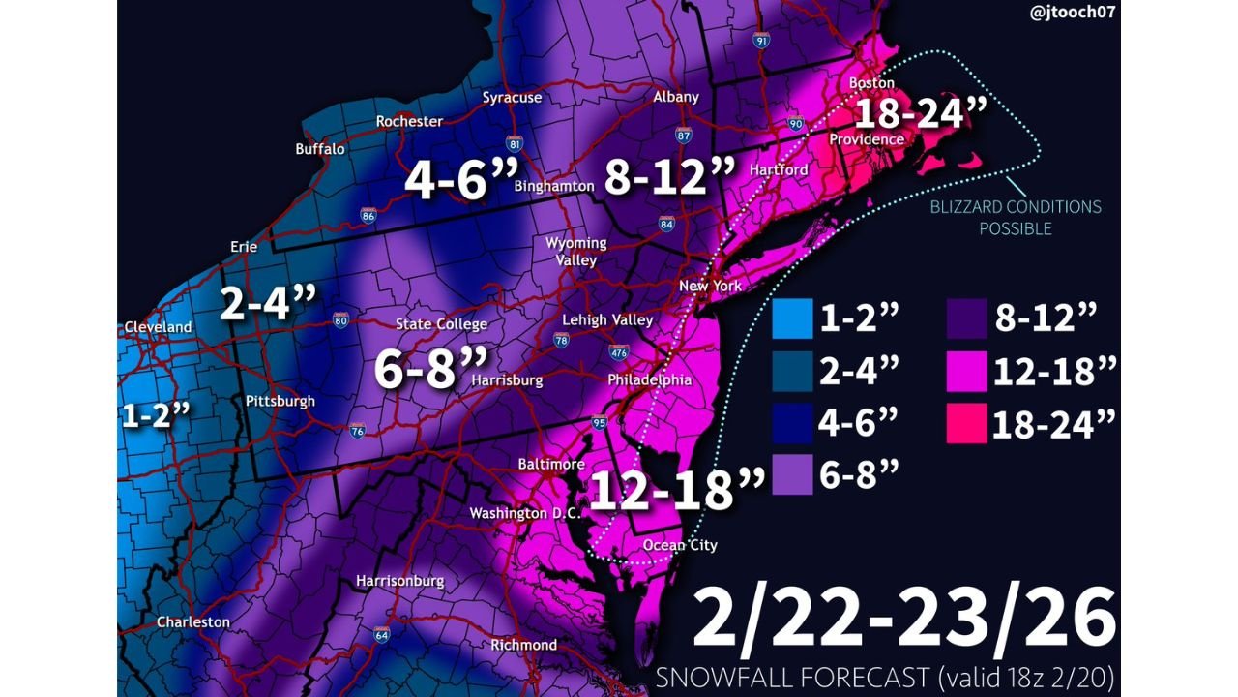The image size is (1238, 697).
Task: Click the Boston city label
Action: (x=872, y=83)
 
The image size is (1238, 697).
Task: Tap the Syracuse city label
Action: (x=513, y=98)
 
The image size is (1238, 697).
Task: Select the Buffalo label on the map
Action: (x=320, y=149)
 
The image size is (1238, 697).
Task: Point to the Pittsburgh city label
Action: (x=281, y=401)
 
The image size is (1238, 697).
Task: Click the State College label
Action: (x=441, y=324)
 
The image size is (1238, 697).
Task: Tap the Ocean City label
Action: (x=681, y=545)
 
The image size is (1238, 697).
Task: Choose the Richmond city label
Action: (x=524, y=645)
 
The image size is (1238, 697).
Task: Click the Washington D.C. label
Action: (x=522, y=513)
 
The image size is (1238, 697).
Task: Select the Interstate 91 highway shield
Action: (x=762, y=41)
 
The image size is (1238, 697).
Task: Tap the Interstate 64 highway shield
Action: (x=382, y=635)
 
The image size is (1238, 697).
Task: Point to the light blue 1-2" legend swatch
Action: (x=792, y=319)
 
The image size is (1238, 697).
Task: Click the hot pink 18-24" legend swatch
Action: (x=966, y=423)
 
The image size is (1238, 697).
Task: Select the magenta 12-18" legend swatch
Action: (x=966, y=372)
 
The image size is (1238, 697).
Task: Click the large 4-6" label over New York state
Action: (x=461, y=180)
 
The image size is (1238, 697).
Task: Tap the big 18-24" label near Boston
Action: (x=920, y=114)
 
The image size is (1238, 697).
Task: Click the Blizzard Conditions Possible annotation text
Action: (x=1015, y=218)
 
